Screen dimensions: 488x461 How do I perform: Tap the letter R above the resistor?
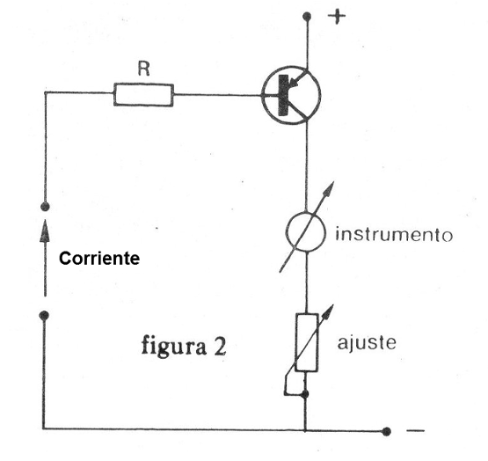tap(144, 69)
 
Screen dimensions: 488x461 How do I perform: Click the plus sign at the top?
tap(337, 16)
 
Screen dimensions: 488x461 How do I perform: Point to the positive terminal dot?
tap(307, 16)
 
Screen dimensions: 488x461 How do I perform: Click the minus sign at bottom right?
tap(415, 431)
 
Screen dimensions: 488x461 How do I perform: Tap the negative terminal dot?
tap(387, 431)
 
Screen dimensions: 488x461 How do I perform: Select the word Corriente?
tap(99, 259)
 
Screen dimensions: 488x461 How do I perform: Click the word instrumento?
tap(394, 234)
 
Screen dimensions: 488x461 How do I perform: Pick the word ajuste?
tap(367, 344)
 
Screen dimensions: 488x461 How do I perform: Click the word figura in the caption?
tap(174, 347)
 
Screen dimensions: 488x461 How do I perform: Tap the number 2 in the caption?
tap(220, 347)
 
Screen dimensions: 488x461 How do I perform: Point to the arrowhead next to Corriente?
tap(45, 230)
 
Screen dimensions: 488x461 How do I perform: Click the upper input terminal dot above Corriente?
tap(45, 207)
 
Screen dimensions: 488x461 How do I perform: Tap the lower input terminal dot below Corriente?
tap(45, 316)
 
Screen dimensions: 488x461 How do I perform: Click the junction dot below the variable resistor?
tap(305, 394)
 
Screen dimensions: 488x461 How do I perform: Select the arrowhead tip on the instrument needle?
tap(333, 181)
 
